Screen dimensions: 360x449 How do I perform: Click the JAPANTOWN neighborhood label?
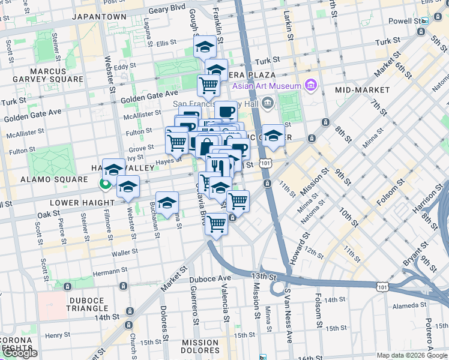tap(99, 17)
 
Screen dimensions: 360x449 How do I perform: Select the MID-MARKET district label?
tap(363, 90)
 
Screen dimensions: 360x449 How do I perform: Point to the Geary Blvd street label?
tap(167, 10)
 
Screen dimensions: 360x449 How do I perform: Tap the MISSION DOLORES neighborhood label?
tap(200, 347)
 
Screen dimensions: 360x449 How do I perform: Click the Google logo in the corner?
tap(20, 353)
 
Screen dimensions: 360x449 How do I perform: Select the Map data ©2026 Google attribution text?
tap(412, 355)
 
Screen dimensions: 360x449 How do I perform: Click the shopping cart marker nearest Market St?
tap(216, 224)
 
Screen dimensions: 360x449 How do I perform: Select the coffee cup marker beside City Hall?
tap(226, 110)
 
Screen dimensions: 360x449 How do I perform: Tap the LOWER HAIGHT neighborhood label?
tap(64, 203)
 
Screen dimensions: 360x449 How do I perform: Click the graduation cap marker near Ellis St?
tap(205, 46)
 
